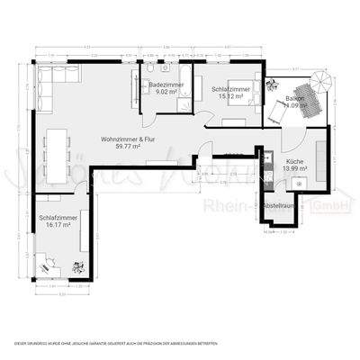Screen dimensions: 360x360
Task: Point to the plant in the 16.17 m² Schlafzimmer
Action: point(77,266)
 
